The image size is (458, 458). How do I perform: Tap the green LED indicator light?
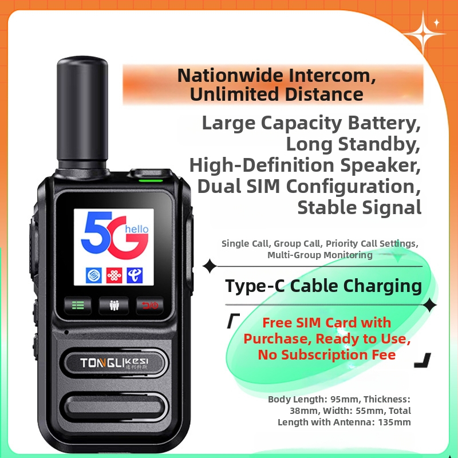[151, 181]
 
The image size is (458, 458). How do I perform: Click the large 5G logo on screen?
[114, 235]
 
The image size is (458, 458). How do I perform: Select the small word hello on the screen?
[137, 229]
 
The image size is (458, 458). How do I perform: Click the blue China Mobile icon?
[94, 275]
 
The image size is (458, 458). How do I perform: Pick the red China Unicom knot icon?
[114, 275]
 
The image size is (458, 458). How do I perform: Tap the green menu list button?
[78, 305]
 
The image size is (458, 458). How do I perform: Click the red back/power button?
[150, 305]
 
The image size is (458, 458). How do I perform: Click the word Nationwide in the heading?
[230, 76]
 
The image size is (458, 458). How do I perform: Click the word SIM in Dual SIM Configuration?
[263, 186]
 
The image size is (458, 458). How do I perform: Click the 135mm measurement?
[394, 422]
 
